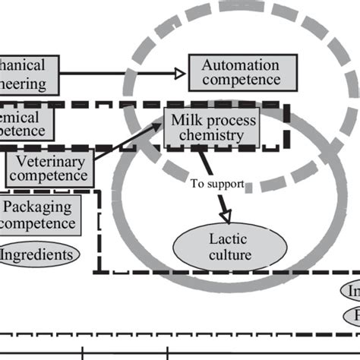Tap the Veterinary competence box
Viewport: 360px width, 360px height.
[x=49, y=167]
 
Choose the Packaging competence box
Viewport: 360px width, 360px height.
[x=39, y=214]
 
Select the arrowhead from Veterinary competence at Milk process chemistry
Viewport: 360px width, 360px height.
[x=160, y=128]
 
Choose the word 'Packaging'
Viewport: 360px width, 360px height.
[x=38, y=206]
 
